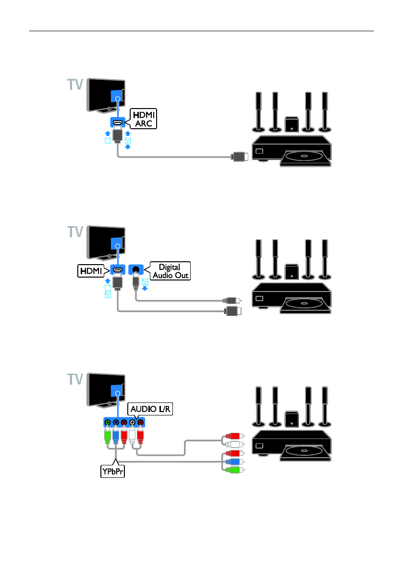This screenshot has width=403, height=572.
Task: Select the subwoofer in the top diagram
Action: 290,124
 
